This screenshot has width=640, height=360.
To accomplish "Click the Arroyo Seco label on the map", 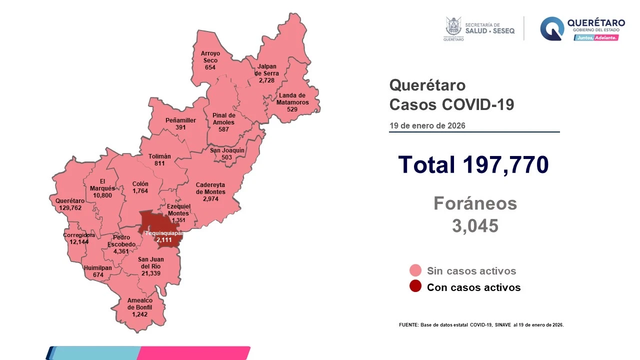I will (210, 56).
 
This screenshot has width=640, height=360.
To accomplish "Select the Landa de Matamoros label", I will (292, 99).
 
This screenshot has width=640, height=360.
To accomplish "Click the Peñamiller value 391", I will (180, 127).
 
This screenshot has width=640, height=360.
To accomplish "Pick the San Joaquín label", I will (227, 150).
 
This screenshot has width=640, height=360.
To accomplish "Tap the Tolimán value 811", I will (159, 163).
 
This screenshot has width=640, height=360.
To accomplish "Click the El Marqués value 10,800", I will (102, 195).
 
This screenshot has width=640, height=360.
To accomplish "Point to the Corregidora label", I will (79, 235).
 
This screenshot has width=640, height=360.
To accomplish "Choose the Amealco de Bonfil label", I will (140, 304).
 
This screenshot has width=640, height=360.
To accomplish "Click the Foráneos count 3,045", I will (475, 226).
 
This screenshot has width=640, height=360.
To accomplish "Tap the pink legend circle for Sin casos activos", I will (415, 271).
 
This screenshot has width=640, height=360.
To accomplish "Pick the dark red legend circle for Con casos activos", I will (415, 287).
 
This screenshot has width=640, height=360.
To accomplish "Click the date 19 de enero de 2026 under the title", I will (427, 125).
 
